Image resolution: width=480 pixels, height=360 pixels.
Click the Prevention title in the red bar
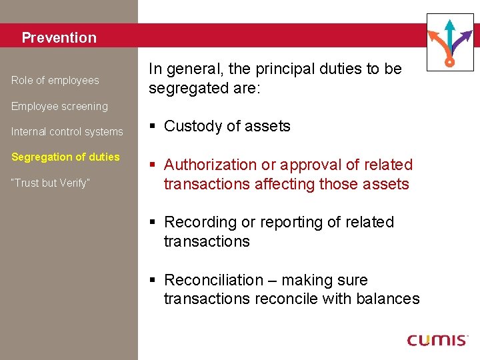[59, 38]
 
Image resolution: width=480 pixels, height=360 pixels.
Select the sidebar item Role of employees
[55, 81]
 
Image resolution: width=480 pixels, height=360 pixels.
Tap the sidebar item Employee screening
[59, 107]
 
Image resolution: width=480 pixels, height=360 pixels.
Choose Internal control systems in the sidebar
[67, 132]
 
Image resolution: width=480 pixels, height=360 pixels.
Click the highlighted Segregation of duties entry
[65, 157]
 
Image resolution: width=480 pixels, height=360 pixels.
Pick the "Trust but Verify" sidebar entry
[51, 183]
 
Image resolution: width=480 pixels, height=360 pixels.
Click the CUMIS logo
[437, 340]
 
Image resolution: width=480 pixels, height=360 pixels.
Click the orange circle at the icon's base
[450, 62]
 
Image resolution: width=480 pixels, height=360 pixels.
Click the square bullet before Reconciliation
[153, 280]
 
